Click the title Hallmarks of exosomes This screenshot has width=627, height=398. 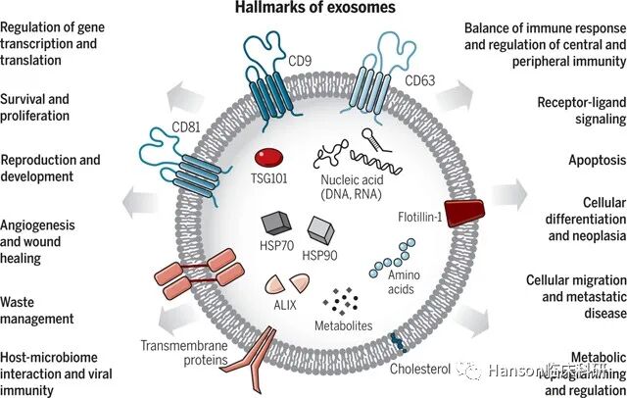coord(314,9)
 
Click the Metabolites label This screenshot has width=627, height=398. coord(341,324)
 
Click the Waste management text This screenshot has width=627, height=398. coord(37,310)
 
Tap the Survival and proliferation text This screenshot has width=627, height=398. coord(49,107)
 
